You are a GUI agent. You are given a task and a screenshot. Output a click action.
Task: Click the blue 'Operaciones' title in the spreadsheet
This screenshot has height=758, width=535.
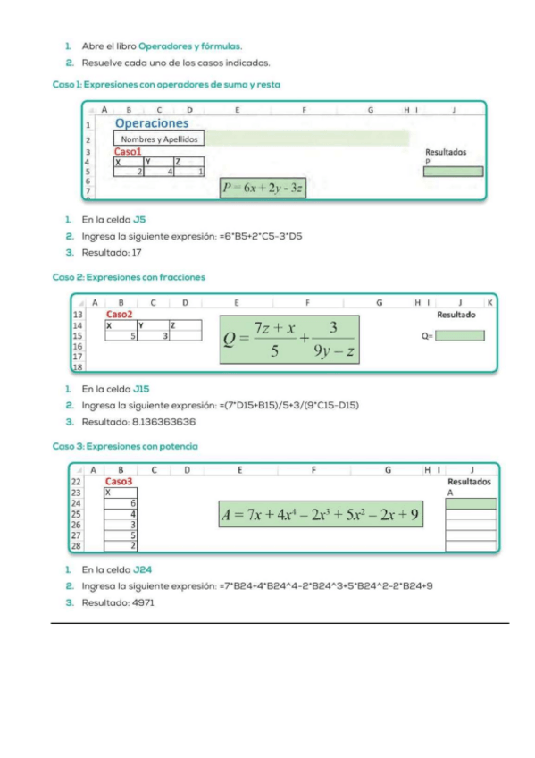pos(152,123)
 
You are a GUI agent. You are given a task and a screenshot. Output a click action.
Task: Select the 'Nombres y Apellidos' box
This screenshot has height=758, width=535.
pos(159,139)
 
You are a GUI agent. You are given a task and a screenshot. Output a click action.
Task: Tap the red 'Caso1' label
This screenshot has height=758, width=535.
pos(128,152)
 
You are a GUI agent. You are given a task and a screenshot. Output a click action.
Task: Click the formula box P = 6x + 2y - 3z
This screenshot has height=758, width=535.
pos(263,188)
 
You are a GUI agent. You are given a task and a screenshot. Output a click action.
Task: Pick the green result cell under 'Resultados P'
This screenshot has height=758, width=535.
pos(453,172)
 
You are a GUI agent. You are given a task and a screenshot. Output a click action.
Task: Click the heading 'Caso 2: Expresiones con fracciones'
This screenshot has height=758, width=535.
pos(129,277)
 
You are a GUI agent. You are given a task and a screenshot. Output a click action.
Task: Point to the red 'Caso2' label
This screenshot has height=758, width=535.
pos(120,315)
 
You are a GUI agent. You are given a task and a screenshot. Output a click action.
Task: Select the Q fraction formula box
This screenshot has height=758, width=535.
pos(289,340)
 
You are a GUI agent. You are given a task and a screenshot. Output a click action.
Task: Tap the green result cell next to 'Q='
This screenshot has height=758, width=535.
pos(460,335)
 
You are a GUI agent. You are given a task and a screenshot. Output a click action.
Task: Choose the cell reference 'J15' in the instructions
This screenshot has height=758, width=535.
pos(141,389)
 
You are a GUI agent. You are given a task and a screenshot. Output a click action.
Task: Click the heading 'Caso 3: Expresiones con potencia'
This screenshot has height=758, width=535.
pos(125,447)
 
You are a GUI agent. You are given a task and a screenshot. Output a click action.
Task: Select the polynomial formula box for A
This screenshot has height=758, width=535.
pos(321,514)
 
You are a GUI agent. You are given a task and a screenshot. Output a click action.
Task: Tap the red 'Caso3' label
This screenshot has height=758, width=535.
pos(118,482)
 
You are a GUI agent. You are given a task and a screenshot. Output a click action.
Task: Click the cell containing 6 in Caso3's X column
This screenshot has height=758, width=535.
pos(121,503)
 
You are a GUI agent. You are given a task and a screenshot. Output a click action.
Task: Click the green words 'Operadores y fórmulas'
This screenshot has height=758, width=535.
pos(189,46)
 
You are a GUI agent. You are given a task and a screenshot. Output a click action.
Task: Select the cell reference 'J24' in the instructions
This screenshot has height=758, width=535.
pos(142,570)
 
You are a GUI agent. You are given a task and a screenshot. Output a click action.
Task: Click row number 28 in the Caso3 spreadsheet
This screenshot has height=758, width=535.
pos(76,546)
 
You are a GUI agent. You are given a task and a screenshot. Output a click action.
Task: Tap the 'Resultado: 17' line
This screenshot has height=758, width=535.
pos(112,253)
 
